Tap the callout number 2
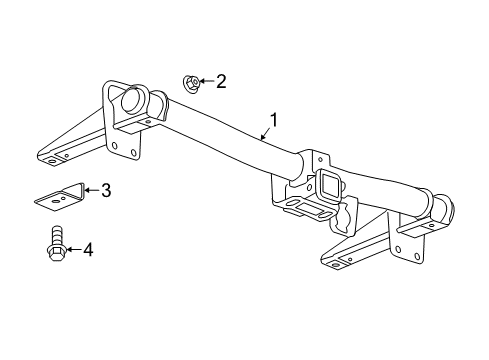click(221, 80)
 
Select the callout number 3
click(105, 189)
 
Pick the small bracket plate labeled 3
click(59, 196)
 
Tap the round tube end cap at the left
click(131, 102)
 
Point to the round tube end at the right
click(441, 213)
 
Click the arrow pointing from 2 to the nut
click(204, 80)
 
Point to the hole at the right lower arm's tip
click(333, 262)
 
